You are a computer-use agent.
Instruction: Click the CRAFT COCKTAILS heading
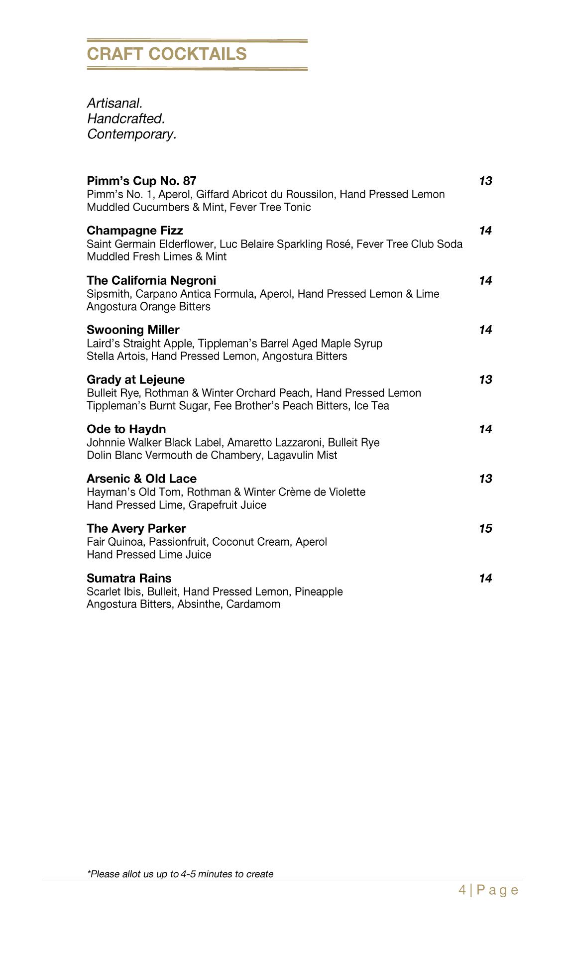pyautogui.click(x=167, y=54)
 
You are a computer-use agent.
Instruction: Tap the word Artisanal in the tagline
pyautogui.click(x=114, y=103)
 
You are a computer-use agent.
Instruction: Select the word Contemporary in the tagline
pyautogui.click(x=131, y=134)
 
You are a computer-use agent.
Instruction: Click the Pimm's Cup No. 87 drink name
pyautogui.click(x=141, y=180)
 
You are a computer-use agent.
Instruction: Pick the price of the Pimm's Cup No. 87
pyautogui.click(x=485, y=181)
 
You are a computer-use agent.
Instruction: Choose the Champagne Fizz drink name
pyautogui.click(x=134, y=230)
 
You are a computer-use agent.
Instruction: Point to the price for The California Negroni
pyautogui.click(x=485, y=280)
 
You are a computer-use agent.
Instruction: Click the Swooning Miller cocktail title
pyautogui.click(x=133, y=330)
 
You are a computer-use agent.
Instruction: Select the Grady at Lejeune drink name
pyautogui.click(x=135, y=379)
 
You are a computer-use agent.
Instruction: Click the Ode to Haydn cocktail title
pyautogui.click(x=126, y=429)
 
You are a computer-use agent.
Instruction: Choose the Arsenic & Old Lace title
pyautogui.click(x=141, y=478)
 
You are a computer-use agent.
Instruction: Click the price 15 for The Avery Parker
pyautogui.click(x=485, y=528)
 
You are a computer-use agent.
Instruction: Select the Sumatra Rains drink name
pyautogui.click(x=129, y=578)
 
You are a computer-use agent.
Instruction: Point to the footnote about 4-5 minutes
pyautogui.click(x=180, y=874)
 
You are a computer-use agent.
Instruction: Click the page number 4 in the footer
pyautogui.click(x=462, y=890)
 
